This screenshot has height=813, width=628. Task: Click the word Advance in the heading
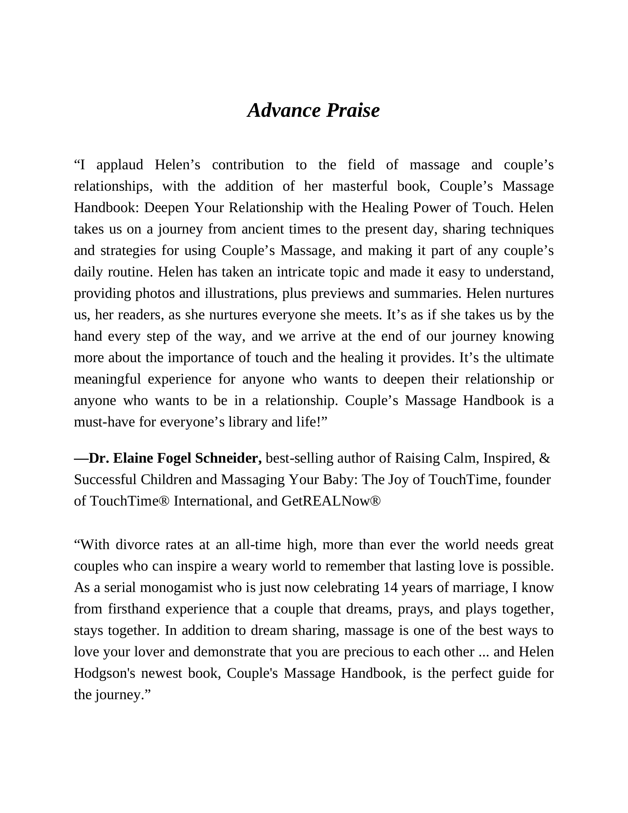284,110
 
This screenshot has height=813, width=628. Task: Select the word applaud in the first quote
119,165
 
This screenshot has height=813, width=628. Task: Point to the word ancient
263,229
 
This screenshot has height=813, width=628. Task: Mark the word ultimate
529,358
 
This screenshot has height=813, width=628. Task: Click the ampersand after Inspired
544,458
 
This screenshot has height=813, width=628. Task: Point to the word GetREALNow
327,501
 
